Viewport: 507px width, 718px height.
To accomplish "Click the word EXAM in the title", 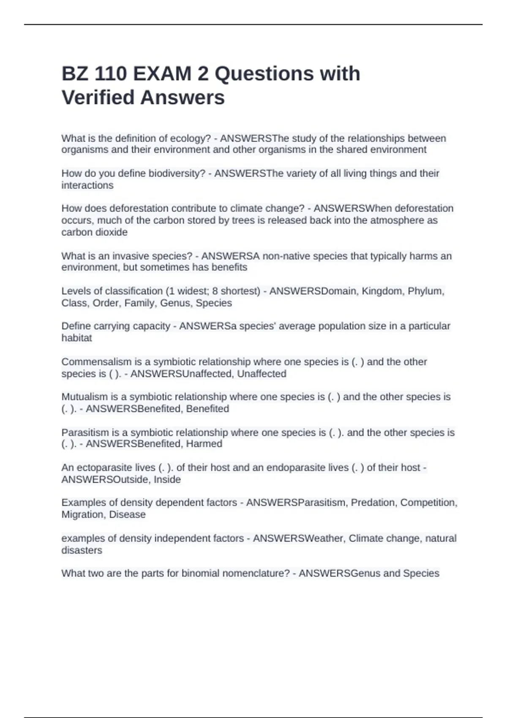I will pos(162,74).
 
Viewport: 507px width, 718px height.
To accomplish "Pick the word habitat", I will pos(76,338).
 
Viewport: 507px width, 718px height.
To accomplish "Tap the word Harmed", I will pos(204,444).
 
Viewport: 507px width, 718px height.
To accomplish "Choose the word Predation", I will pos(373,503).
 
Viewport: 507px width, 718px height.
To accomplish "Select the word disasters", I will pos(82,551).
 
